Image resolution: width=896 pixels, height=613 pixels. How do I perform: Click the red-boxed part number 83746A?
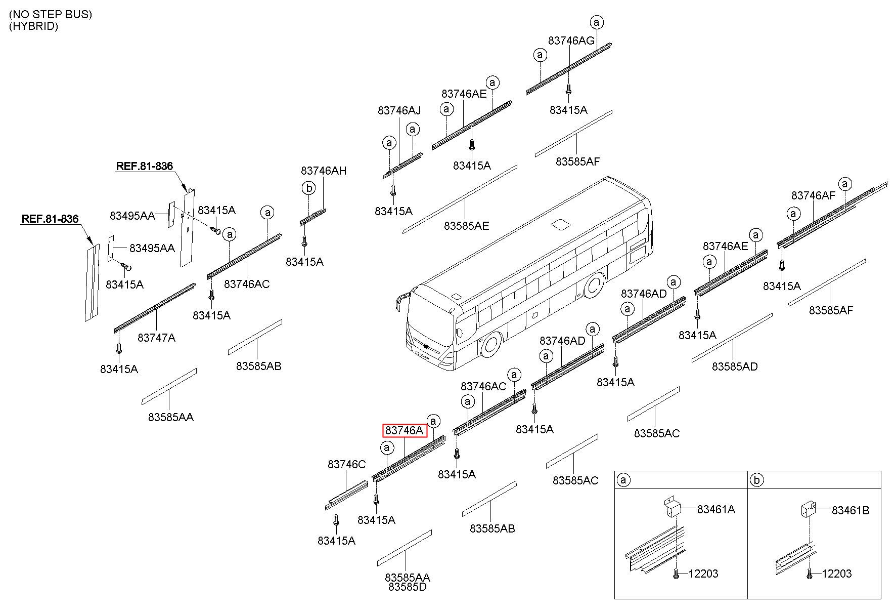coord(404,431)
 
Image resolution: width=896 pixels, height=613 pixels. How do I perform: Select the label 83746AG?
coord(571,41)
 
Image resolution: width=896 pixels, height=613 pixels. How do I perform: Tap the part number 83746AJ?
coord(399,110)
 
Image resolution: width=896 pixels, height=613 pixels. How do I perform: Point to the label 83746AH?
coord(324,171)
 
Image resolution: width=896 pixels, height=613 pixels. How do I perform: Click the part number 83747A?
coord(156,338)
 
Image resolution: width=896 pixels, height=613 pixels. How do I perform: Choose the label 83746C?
coord(346,465)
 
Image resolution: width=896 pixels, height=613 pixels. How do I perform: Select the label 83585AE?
coord(467,226)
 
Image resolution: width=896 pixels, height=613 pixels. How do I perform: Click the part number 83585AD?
coord(735,366)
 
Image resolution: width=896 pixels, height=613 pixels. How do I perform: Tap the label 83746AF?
coord(814,196)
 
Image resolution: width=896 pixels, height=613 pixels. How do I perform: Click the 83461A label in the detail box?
coord(716,510)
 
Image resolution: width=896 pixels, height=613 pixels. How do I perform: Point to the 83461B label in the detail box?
coord(850,511)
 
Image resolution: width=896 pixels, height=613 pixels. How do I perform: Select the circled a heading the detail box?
coord(624,480)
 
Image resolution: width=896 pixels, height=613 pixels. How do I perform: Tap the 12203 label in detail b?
coord(837,574)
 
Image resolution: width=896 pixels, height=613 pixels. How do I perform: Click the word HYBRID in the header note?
coord(33,26)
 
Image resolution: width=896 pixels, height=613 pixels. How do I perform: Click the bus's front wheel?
coord(489,346)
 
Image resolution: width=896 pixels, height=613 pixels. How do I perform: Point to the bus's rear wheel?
coord(593,287)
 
